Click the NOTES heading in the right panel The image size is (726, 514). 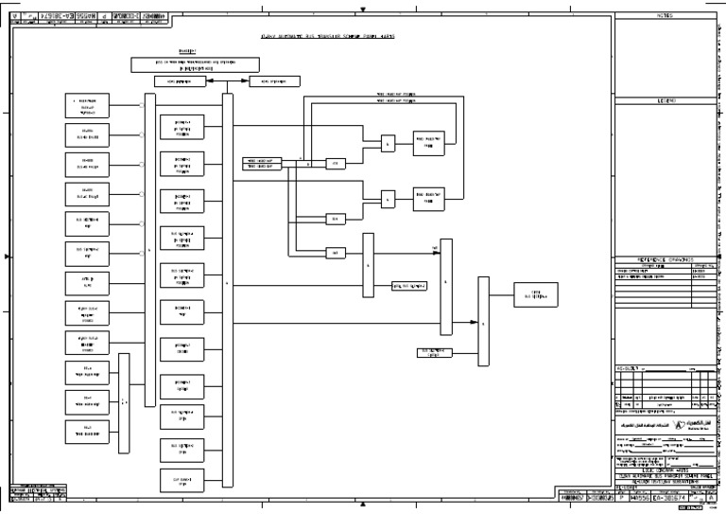[663, 16]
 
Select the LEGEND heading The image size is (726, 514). [663, 99]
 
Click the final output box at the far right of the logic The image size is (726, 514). [535, 293]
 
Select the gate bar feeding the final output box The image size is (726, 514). [483, 322]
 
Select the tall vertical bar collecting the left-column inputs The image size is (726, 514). [148, 251]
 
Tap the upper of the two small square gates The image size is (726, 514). [388, 144]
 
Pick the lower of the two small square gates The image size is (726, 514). [388, 199]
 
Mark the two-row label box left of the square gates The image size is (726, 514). [265, 163]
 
